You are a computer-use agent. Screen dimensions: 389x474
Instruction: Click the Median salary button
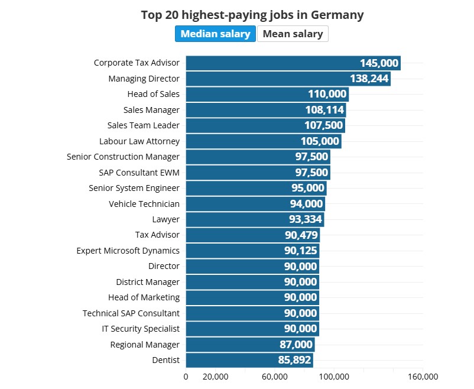pos(215,34)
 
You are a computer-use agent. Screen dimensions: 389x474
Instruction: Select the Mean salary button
pos(293,34)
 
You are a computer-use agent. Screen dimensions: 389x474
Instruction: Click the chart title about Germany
pos(252,15)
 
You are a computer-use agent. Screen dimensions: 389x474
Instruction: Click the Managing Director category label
pos(144,78)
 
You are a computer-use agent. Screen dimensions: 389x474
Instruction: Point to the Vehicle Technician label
pos(144,204)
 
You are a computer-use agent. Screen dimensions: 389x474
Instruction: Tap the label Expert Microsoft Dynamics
pos(128,251)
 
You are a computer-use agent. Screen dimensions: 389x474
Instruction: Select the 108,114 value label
pos(323,110)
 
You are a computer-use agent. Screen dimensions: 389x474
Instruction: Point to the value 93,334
pos(301,219)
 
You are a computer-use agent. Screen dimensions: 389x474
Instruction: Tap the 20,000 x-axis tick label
pos(215,377)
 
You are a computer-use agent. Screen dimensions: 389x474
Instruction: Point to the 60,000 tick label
pos(274,377)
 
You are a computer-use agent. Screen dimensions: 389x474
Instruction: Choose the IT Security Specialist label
pos(141,329)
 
